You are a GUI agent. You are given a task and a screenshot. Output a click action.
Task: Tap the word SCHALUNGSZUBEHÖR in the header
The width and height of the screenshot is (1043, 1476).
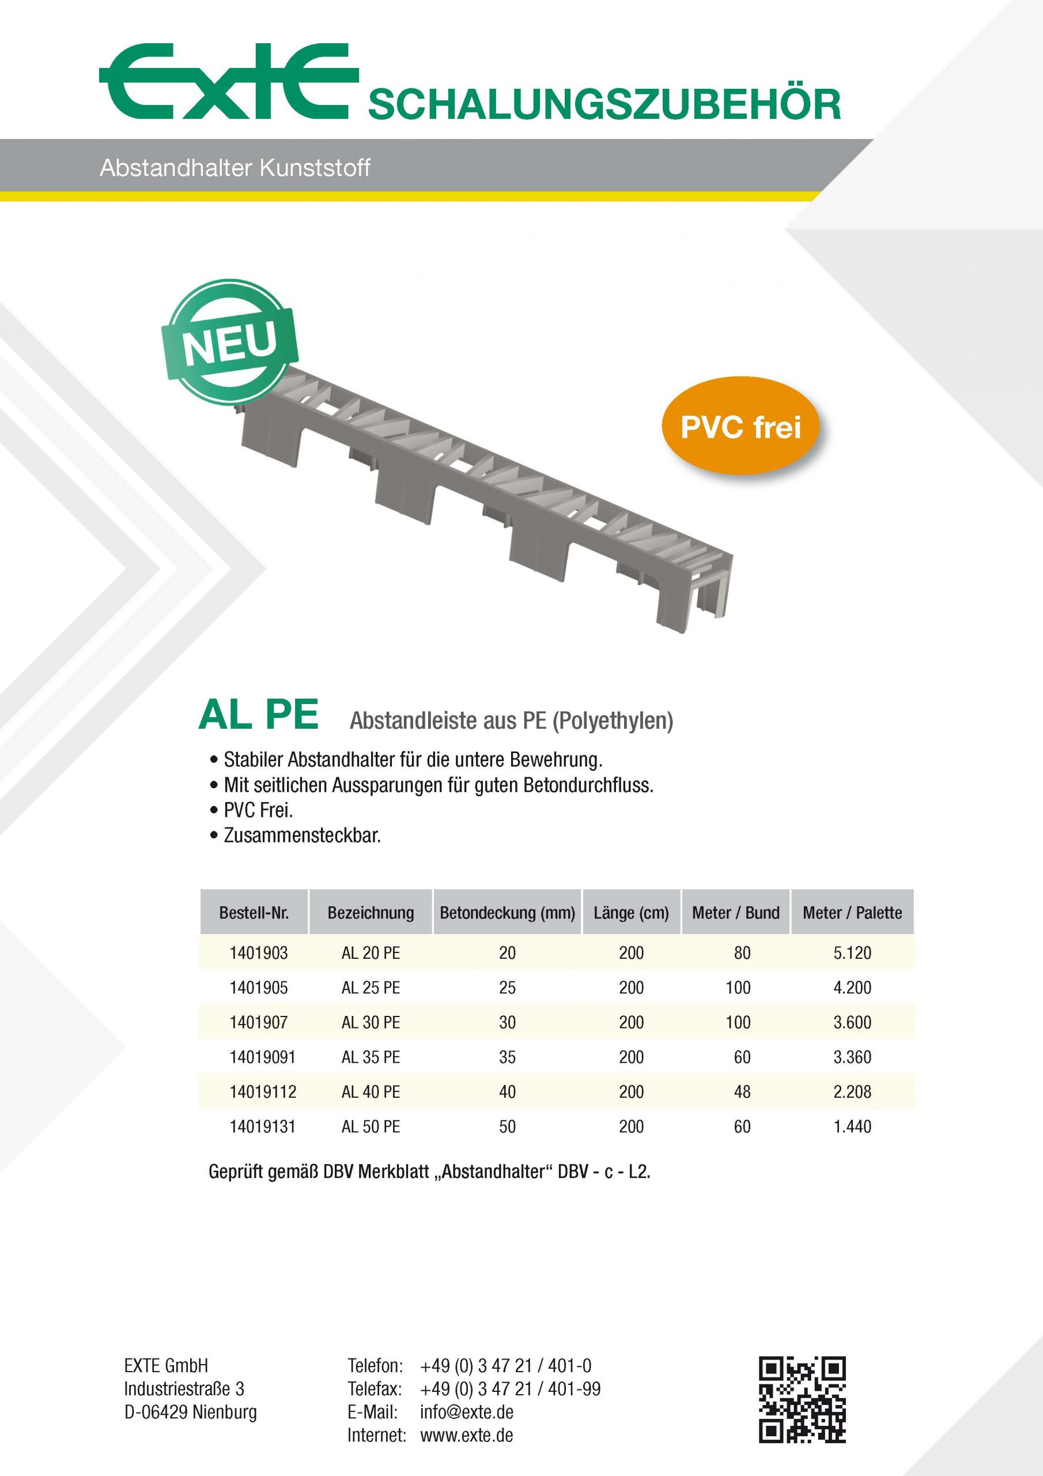603,105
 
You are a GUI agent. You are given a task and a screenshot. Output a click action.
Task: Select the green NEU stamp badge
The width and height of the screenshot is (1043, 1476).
229,342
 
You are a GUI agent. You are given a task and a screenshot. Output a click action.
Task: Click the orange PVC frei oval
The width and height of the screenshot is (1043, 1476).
740,427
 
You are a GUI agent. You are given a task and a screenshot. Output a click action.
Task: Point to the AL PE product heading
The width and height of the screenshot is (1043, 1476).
258,715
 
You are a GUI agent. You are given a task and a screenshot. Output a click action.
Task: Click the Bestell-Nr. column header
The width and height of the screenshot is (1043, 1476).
254,912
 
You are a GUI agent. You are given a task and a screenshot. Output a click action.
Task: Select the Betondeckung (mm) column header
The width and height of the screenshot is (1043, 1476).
507,912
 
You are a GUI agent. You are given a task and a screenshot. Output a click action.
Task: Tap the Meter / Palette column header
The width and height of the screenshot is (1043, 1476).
852,912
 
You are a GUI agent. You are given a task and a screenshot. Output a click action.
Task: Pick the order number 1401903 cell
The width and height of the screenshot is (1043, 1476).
258,952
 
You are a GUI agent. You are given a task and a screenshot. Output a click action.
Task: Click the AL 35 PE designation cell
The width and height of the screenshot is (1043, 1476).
371,1057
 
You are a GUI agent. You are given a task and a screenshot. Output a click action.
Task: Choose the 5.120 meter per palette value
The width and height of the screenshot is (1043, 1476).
852,952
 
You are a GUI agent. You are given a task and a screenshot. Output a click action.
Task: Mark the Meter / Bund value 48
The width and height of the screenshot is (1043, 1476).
742,1091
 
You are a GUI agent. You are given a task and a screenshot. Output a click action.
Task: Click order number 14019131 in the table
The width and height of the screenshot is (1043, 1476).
262,1126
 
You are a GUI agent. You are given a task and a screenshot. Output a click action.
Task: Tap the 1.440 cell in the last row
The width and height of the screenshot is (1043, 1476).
852,1126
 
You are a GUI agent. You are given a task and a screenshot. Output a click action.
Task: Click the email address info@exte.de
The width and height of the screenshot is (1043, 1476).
467,1412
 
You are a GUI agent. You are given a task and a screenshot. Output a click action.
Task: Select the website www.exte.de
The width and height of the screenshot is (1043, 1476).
467,1435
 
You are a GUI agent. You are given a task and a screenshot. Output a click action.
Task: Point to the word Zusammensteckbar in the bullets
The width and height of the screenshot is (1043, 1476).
302,835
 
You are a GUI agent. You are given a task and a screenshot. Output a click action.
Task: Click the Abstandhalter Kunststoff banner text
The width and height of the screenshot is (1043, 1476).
235,168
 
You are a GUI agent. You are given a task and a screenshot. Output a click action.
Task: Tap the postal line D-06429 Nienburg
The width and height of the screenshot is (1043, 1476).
190,1412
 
